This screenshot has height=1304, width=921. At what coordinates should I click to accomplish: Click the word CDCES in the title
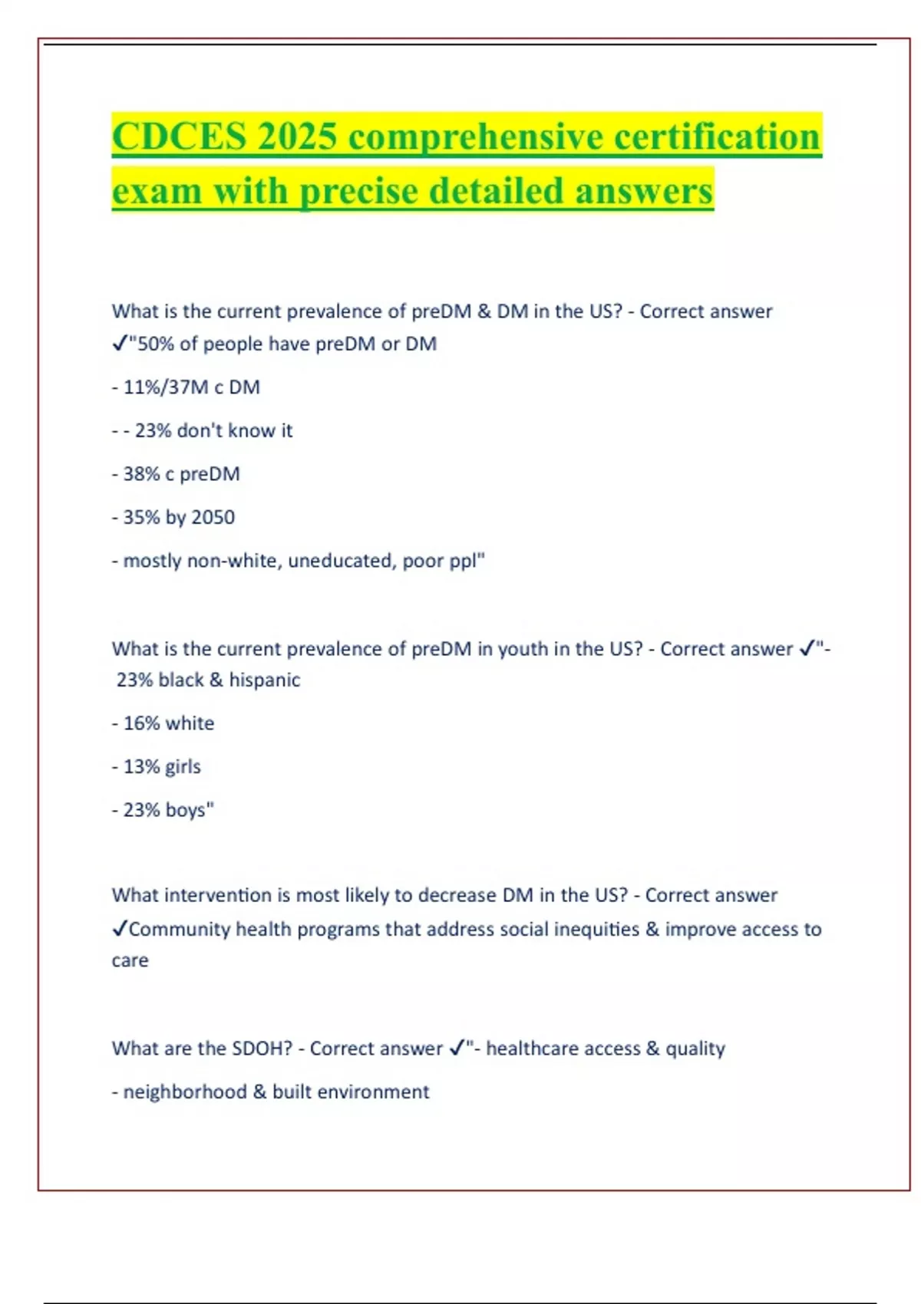180,137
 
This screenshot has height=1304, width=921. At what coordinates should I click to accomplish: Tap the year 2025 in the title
297,137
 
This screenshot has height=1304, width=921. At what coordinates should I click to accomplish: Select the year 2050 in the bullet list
213,518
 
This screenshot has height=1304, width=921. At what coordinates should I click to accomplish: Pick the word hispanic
265,680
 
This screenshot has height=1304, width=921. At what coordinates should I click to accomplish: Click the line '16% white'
168,723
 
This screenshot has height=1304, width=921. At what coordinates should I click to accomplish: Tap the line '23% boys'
168,810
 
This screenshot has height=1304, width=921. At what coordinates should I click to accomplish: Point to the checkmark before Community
120,929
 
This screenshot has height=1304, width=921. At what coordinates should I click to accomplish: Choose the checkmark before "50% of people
120,344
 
